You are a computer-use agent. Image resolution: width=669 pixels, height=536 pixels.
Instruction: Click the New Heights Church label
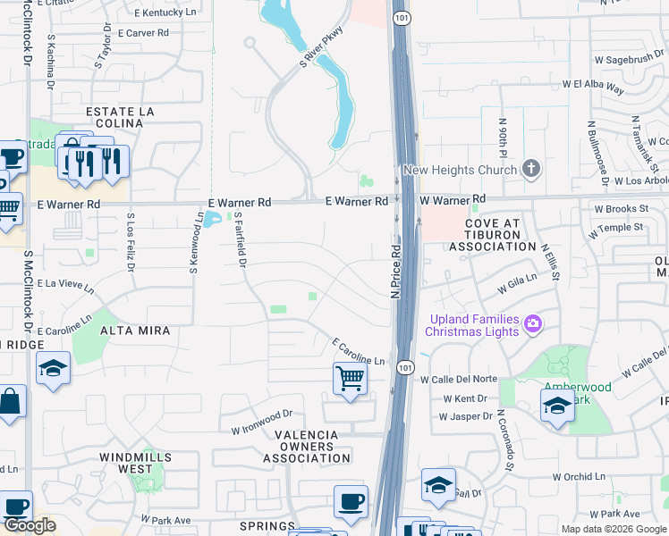pos(460,170)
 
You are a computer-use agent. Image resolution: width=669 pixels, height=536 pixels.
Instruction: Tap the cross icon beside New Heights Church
pos(531,168)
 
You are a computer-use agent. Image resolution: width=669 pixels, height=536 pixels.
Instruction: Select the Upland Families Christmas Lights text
pos(473,325)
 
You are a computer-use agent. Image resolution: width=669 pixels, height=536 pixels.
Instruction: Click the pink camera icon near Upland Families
pos(533,322)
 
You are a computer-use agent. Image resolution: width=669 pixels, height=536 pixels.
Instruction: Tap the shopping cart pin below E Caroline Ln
pos(350,378)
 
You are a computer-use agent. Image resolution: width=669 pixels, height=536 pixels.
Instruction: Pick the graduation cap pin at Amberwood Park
pos(557,406)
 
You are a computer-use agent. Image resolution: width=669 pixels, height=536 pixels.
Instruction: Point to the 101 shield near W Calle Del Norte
pos(406,367)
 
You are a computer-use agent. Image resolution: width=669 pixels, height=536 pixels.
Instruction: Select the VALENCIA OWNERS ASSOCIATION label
pos(307,447)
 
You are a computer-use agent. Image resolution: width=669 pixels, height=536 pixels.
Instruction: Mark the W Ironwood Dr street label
pos(261,421)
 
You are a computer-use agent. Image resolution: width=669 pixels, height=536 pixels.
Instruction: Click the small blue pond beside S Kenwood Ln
pos(212,219)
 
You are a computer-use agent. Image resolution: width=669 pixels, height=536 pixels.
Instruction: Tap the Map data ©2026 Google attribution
pos(614,529)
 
